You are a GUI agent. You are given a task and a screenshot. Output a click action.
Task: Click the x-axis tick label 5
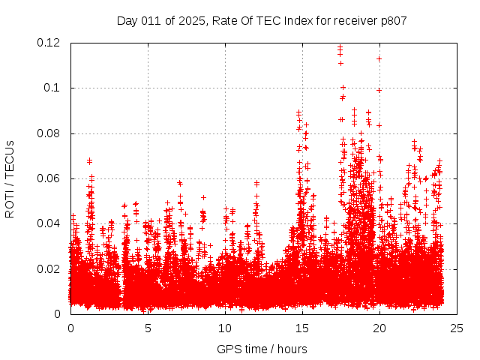coord(148,328)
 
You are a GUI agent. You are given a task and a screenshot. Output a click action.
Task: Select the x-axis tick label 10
coord(225,328)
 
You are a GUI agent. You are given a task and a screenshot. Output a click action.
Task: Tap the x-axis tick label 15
coord(302,328)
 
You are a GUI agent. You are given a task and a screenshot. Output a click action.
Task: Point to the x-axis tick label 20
coord(379,328)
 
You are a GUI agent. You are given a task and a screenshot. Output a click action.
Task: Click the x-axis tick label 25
coord(457,328)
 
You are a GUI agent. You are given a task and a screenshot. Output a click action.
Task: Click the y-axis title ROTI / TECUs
coord(10,178)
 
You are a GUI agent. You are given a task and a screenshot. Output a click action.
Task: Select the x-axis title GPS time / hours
coord(262,349)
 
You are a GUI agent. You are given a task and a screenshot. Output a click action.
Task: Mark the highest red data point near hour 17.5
coord(340,47)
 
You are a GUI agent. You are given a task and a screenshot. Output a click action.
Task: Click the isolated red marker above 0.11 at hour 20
coord(379,58)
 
